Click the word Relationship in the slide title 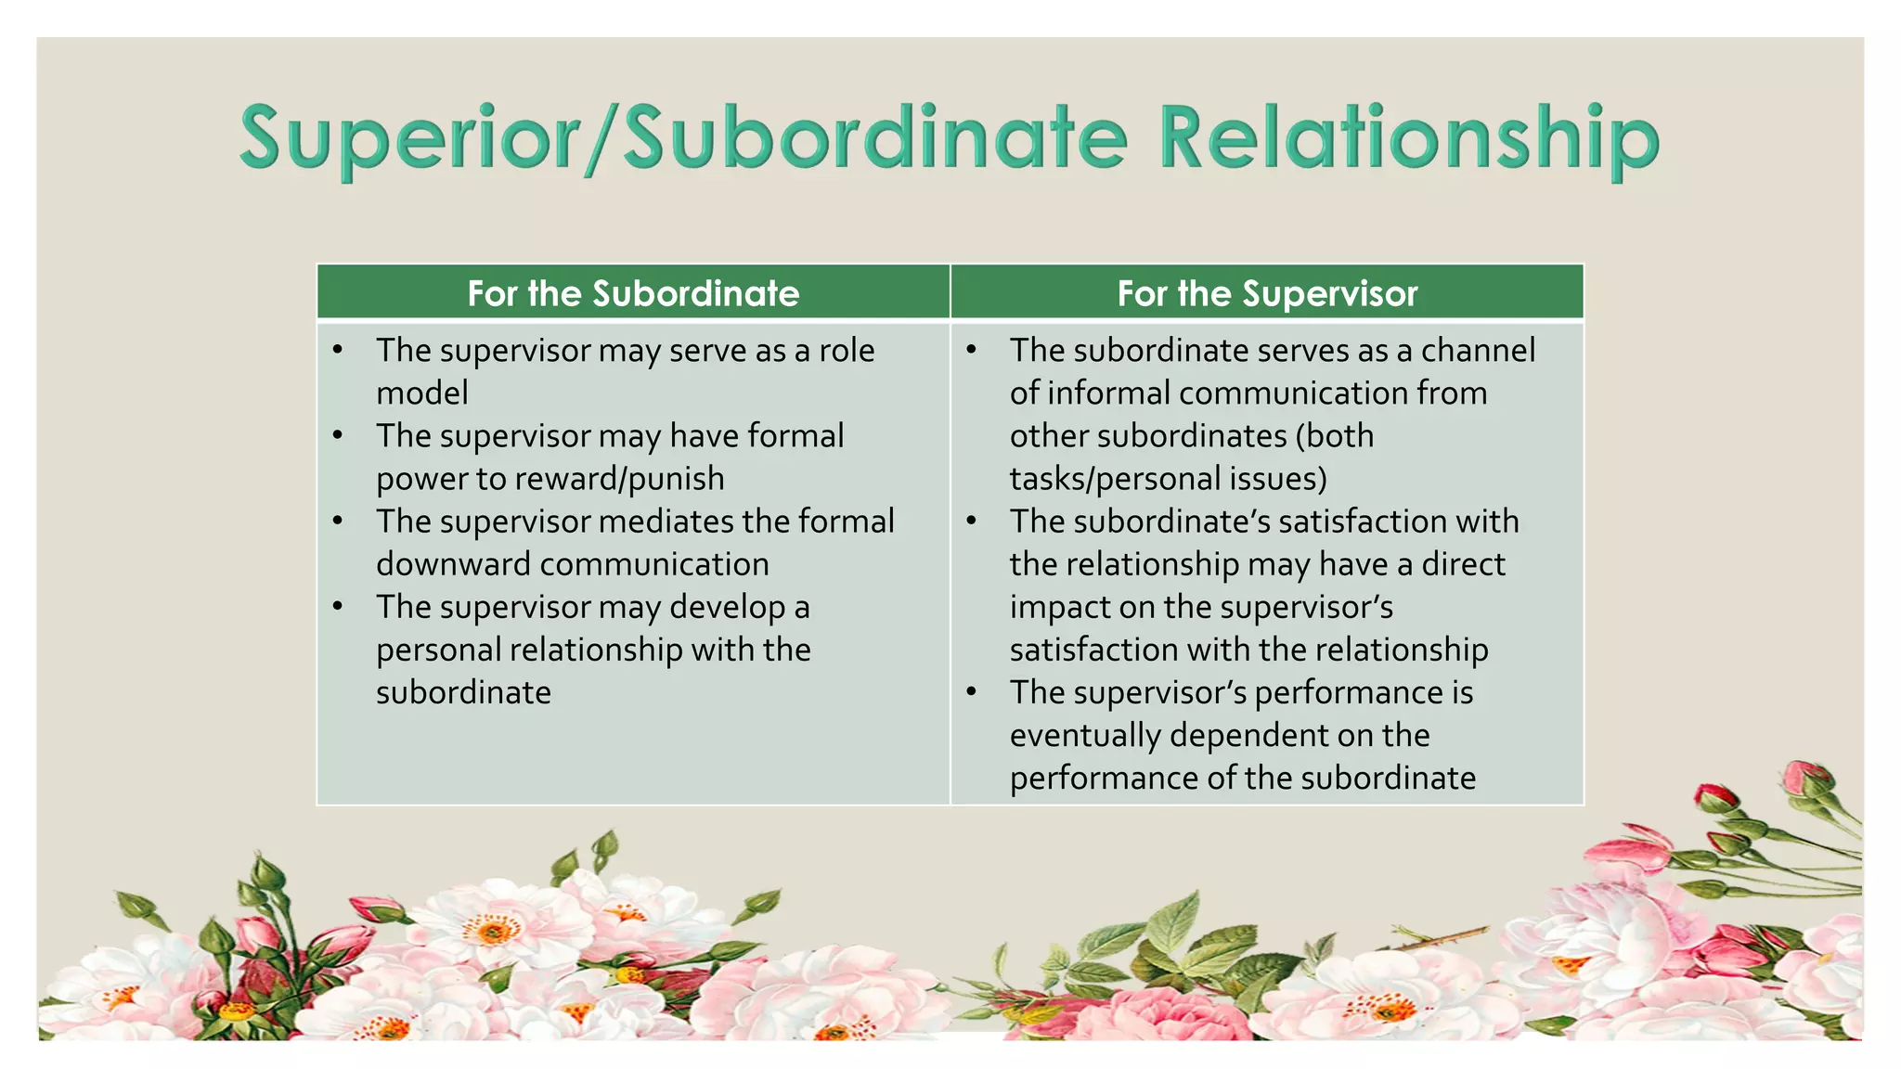point(1409,139)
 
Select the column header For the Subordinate point(633,293)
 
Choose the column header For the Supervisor point(1267,293)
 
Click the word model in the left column point(422,393)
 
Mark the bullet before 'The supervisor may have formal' point(338,435)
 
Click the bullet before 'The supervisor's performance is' point(971,692)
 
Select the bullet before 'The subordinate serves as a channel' point(971,350)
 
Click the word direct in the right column point(1464,564)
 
